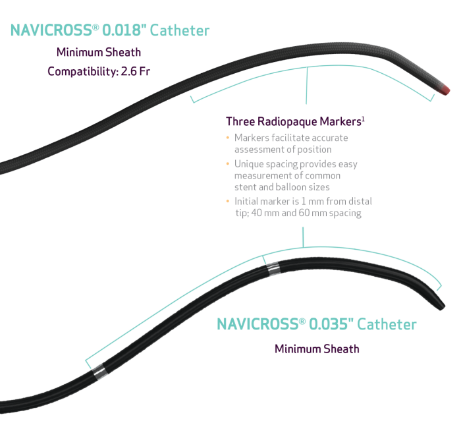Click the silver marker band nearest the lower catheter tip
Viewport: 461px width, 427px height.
coord(273,268)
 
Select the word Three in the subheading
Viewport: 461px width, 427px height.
coord(240,122)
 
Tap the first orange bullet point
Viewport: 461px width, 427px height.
coord(228,138)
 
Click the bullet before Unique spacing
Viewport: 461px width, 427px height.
coord(228,164)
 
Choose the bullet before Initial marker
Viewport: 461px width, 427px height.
coord(228,201)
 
